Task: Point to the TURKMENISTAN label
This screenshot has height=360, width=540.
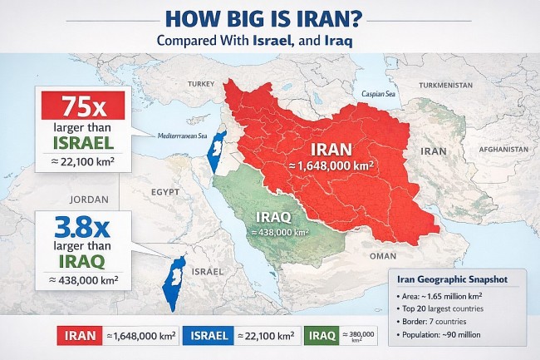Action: click(446, 86)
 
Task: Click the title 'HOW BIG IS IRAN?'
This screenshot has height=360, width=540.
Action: click(270, 17)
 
